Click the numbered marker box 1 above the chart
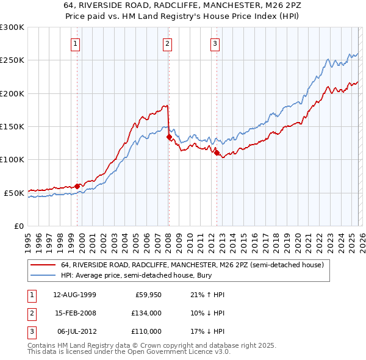click(74, 43)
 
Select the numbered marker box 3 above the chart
click(215, 43)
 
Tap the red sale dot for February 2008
click(169, 137)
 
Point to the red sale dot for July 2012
click(217, 153)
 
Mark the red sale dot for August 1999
click(77, 186)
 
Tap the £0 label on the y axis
click(18, 226)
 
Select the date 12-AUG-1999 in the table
click(74, 295)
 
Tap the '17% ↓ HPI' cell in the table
click(207, 331)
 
